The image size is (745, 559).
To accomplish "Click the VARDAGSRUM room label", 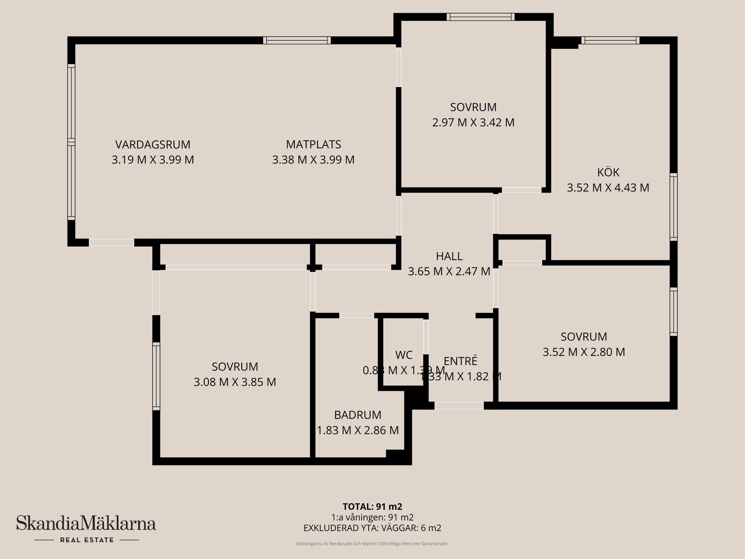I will click(152, 144).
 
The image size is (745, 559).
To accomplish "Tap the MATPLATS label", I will click(313, 144).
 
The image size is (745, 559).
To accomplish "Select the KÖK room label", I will click(608, 172).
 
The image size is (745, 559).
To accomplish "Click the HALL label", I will click(449, 256).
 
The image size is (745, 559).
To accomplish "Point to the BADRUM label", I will click(357, 415).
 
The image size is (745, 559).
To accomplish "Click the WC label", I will click(404, 355).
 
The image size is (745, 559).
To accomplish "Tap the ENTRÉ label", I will click(460, 361).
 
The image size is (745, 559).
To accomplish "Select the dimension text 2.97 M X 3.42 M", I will click(473, 123).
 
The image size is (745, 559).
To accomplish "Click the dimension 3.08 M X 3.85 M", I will click(235, 382).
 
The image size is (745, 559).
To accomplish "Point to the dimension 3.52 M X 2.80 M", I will click(584, 352).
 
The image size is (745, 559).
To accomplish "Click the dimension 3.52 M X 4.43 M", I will click(608, 188).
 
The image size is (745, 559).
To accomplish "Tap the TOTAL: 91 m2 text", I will click(372, 507).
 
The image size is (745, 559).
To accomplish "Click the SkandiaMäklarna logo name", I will click(86, 524).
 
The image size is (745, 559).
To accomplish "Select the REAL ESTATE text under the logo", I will click(87, 540).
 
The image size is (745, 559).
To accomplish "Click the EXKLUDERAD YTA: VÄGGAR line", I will click(372, 528).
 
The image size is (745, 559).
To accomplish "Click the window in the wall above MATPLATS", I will click(297, 40).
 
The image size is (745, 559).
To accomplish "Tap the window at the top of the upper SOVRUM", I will click(480, 17).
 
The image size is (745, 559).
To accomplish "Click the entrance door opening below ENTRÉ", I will click(459, 405).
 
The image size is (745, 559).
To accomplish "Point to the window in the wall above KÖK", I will click(610, 40).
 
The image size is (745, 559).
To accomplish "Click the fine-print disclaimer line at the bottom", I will click(372, 544).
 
